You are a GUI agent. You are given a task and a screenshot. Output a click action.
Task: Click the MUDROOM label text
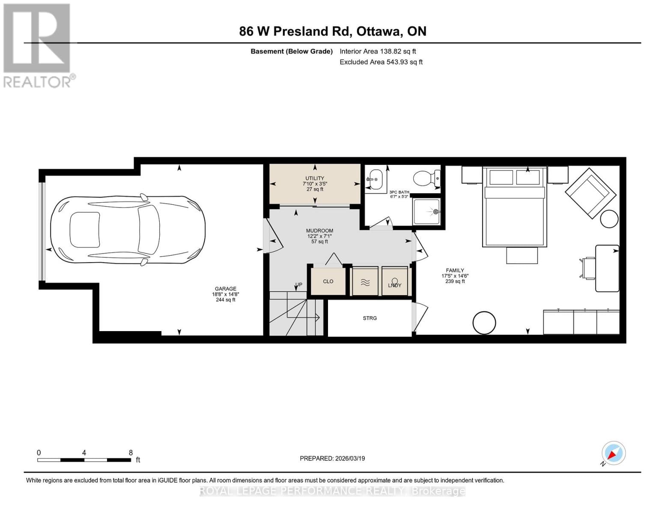point(319,231)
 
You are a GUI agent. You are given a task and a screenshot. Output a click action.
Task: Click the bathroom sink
point(374,177)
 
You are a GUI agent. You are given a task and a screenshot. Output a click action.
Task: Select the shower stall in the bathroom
point(426,212)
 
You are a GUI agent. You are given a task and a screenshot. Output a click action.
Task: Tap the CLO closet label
point(328,281)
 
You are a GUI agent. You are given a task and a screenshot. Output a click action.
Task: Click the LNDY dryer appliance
point(394,281)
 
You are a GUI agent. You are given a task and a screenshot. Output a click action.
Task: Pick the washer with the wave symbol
point(365,281)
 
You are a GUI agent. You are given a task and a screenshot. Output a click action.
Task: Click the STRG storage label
point(370,318)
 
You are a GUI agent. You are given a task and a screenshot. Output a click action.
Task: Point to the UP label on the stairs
point(298,285)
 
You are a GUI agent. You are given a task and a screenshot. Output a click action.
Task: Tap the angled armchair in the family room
point(587,193)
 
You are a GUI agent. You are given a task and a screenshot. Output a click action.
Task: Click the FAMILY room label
point(455,271)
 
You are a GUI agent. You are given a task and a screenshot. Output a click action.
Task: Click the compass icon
point(613,453)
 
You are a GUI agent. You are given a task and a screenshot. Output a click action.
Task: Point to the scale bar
point(84,460)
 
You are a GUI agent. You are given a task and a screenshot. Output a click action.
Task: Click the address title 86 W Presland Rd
point(332,31)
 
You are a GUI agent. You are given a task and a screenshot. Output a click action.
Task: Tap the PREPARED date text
point(332,458)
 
